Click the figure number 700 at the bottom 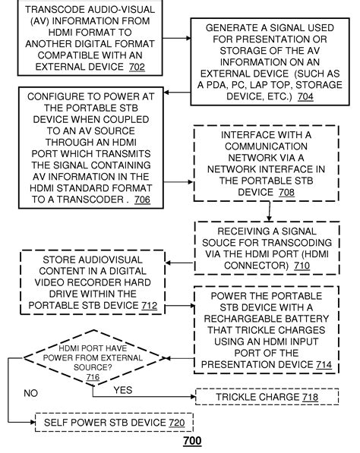pyautogui.click(x=193, y=441)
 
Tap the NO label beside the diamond pyautogui.click(x=30, y=394)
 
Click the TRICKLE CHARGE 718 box pyautogui.click(x=267, y=396)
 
